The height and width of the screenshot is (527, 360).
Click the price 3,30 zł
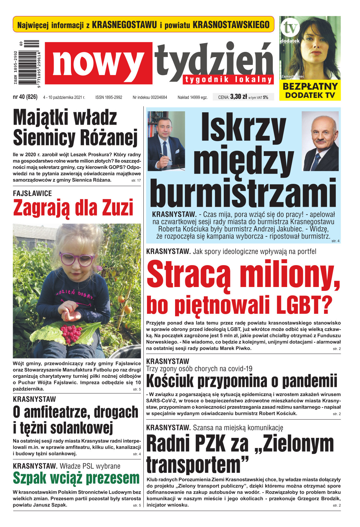click(238, 97)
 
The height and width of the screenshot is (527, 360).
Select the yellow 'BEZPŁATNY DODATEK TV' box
click(310, 90)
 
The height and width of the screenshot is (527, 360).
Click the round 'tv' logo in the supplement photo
click(290, 28)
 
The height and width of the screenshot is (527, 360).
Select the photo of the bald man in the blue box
click(320, 141)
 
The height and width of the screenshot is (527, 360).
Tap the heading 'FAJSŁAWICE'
click(32, 193)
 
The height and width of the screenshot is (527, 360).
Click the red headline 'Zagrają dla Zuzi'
click(73, 208)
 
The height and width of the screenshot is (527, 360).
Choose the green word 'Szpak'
click(30, 478)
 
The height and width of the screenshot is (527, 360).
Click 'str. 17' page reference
click(136, 180)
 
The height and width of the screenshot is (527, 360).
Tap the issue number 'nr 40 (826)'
click(25, 97)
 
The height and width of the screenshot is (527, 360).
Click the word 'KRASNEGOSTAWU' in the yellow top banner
click(124, 25)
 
